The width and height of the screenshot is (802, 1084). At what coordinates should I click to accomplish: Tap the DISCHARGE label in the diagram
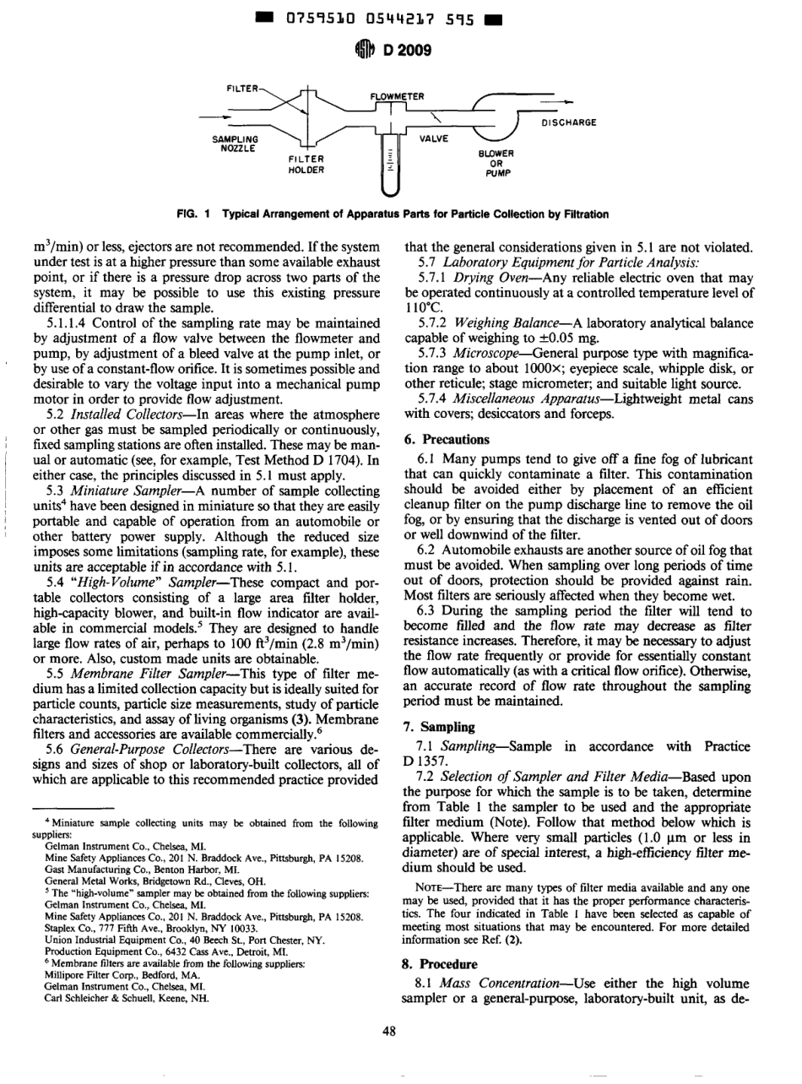(567, 122)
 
